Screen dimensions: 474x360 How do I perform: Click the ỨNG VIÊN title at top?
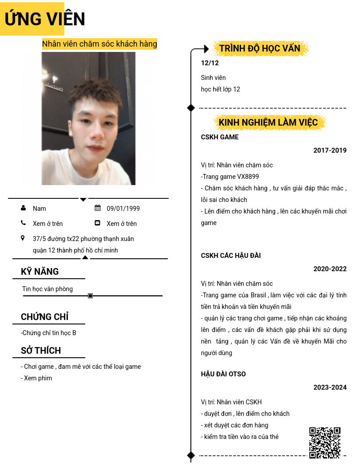tap(45, 19)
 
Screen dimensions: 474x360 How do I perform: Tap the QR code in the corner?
tap(324, 442)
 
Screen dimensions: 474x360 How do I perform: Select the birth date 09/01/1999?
tap(123, 209)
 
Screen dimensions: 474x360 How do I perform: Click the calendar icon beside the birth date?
tap(98, 208)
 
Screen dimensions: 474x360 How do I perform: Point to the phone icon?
tap(23, 223)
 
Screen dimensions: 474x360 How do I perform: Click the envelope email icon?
tap(98, 223)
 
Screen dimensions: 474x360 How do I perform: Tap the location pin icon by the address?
tap(23, 238)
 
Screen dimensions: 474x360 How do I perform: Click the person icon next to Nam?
tap(23, 208)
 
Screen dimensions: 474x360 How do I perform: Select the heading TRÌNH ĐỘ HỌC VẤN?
tap(260, 48)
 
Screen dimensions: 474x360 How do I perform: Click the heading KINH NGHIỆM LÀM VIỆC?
tap(268, 122)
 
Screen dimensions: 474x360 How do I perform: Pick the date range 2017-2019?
tap(330, 150)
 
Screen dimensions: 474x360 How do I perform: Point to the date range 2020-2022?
tap(330, 269)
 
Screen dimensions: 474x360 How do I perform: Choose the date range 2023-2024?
tap(330, 387)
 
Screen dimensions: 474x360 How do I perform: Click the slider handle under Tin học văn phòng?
tap(91, 296)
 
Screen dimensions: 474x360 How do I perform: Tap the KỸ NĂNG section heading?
tap(40, 272)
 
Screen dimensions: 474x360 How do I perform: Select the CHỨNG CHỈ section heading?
tap(44, 317)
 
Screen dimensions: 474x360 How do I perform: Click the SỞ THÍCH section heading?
tap(41, 351)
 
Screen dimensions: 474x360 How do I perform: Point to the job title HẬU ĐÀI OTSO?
tap(223, 374)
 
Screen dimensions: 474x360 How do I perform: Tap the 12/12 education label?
tap(210, 63)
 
